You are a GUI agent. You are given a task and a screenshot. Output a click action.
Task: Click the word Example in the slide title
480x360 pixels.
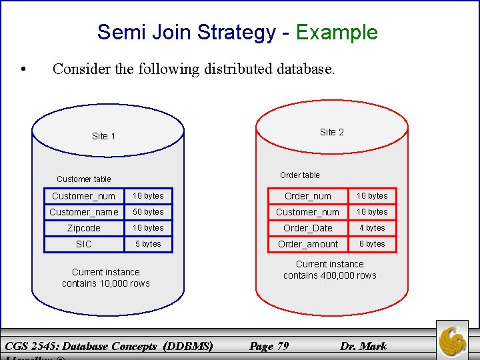pyautogui.click(x=337, y=32)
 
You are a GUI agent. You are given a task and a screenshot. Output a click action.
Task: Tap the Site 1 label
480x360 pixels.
pyautogui.click(x=103, y=136)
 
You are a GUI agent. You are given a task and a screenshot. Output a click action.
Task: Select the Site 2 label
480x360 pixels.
pyautogui.click(x=331, y=132)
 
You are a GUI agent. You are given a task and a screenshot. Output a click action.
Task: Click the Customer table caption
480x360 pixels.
pyautogui.click(x=84, y=179)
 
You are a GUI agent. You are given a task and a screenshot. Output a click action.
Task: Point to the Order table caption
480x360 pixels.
pyautogui.click(x=299, y=175)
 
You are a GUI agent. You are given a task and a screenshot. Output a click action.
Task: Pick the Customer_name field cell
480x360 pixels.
pyautogui.click(x=84, y=212)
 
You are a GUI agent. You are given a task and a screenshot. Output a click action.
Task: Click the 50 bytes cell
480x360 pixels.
pyautogui.click(x=148, y=212)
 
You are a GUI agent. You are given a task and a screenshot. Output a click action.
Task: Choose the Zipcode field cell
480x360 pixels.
pyautogui.click(x=84, y=228)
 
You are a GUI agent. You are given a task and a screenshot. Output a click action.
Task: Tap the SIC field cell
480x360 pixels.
pyautogui.click(x=84, y=244)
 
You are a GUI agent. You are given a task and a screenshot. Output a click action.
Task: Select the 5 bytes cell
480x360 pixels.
pyautogui.click(x=148, y=244)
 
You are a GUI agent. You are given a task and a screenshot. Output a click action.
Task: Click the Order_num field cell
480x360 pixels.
pyautogui.click(x=308, y=196)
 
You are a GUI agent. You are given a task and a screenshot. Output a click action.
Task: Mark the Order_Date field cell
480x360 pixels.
pyautogui.click(x=308, y=228)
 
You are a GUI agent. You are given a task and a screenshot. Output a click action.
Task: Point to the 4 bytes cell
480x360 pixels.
pyautogui.click(x=372, y=228)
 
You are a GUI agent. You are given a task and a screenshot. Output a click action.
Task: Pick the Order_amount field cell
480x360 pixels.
pyautogui.click(x=308, y=244)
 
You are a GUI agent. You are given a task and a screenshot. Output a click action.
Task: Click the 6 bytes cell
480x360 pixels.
pyautogui.click(x=372, y=244)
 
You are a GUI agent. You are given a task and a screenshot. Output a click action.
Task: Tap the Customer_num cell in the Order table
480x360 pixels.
pyautogui.click(x=308, y=212)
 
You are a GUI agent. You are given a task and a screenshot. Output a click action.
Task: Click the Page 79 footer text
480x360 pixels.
pyautogui.click(x=269, y=345)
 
